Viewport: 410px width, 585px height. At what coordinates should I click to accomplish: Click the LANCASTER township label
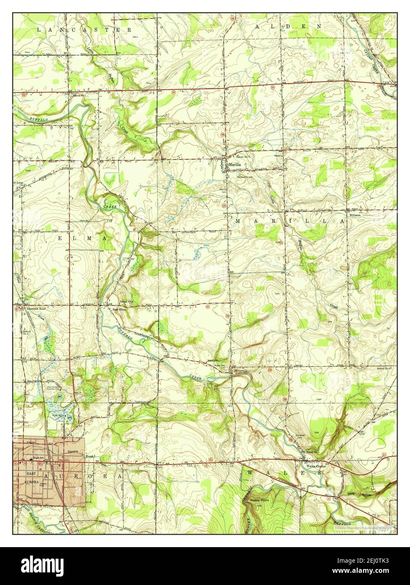pyautogui.click(x=84, y=30)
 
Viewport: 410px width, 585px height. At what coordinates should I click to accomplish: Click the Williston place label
pyautogui.click(x=352, y=214)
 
